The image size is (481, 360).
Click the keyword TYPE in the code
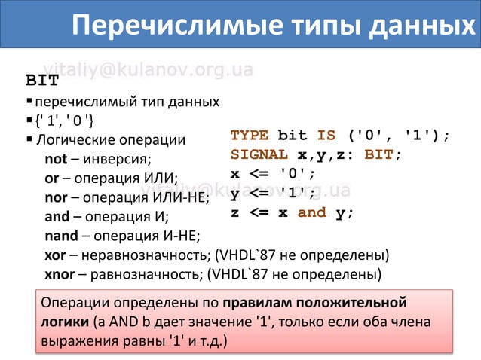tap(250, 136)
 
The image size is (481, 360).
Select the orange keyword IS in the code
tap(326, 136)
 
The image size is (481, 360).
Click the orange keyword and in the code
tap(312, 212)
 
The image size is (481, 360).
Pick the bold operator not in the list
tap(56, 160)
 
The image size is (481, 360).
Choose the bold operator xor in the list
tap(55, 255)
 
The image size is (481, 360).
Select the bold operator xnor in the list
tap(60, 273)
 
